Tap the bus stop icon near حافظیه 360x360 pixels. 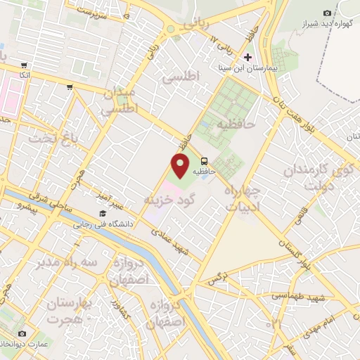click(204, 160)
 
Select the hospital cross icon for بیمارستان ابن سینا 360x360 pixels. click(247, 56)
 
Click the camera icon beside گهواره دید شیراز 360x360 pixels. click(327, 13)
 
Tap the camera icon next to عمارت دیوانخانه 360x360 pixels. click(22, 333)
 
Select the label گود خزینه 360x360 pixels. click(168, 200)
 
